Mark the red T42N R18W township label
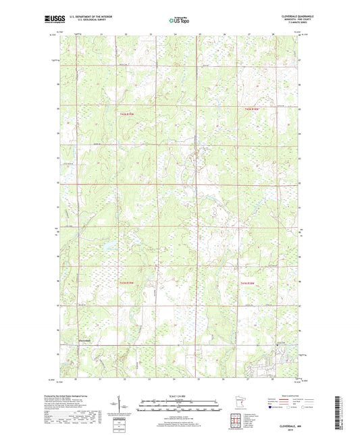(x=249, y=282)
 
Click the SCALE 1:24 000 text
(x=179, y=396)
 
